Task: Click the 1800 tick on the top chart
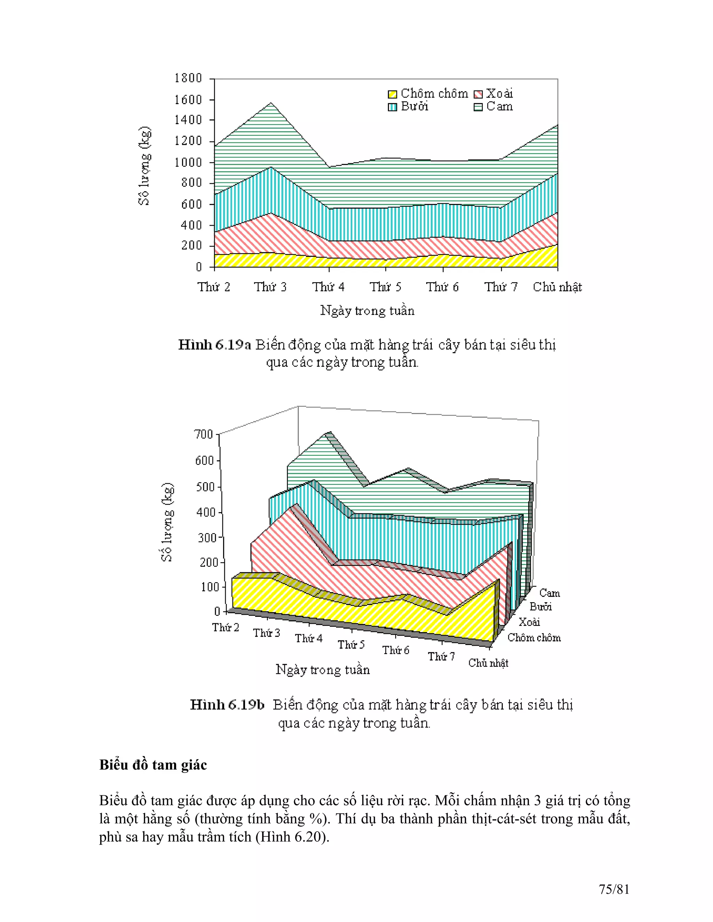point(188,78)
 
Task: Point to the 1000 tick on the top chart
point(188,162)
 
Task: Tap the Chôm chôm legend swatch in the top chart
point(392,94)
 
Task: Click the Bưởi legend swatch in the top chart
point(392,107)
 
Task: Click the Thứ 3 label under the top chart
point(270,287)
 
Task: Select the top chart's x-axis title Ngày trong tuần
point(367,311)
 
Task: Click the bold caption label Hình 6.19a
point(214,345)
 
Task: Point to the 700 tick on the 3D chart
point(204,435)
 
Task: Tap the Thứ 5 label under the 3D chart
point(351,645)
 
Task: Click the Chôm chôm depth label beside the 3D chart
point(534,637)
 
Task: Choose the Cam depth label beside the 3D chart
point(549,593)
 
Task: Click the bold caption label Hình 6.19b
point(227,705)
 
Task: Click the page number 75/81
point(614,890)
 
